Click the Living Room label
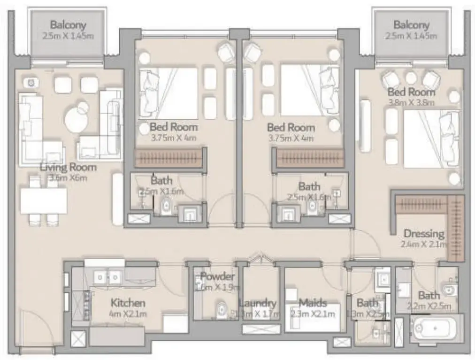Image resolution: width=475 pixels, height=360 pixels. [x=68, y=167]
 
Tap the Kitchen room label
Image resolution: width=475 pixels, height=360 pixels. [x=128, y=303]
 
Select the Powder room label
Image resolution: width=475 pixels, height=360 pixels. [x=217, y=276]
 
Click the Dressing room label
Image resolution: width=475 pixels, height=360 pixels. [x=424, y=233]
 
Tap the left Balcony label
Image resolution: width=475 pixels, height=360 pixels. [x=68, y=25]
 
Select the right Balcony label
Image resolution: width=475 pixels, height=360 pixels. [x=411, y=25]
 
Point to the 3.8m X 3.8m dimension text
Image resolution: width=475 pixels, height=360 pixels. [x=411, y=101]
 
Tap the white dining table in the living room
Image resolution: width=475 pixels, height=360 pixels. [x=44, y=201]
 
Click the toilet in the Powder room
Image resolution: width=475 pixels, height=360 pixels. [x=222, y=310]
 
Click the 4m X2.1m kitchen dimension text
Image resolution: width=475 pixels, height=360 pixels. [x=128, y=314]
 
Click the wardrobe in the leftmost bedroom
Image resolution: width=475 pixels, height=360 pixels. [x=169, y=158]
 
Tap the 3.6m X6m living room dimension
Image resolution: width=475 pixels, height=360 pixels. [x=68, y=178]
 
